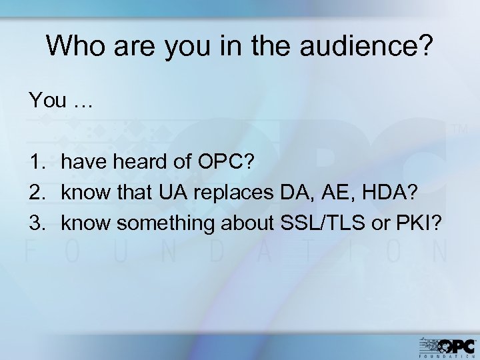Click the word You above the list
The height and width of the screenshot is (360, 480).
click(47, 101)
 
